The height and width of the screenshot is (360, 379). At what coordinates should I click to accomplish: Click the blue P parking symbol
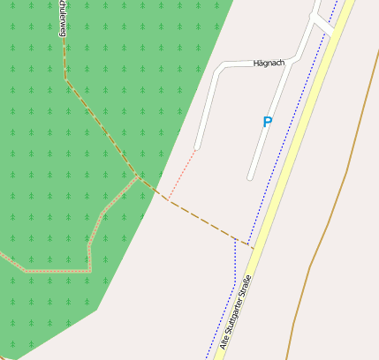[x=267, y=123]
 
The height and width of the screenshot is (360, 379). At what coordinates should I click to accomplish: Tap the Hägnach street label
[x=269, y=63]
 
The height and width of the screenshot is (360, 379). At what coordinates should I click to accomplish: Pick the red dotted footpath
[x=181, y=173]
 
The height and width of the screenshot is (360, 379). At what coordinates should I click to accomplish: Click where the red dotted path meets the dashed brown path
[x=166, y=199]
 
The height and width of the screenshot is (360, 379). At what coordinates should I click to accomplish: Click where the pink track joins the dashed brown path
[x=138, y=176]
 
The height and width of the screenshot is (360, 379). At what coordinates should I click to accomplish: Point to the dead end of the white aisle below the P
[x=250, y=177]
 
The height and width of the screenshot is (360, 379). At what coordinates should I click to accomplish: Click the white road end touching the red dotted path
[x=196, y=147]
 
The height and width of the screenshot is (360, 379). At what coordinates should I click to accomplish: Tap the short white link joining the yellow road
[x=326, y=27]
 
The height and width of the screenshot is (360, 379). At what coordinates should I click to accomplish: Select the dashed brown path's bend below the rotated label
[x=65, y=79]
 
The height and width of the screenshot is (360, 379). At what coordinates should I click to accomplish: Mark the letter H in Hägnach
[x=256, y=64]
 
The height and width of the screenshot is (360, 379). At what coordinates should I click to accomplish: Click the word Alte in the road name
[x=224, y=342]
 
